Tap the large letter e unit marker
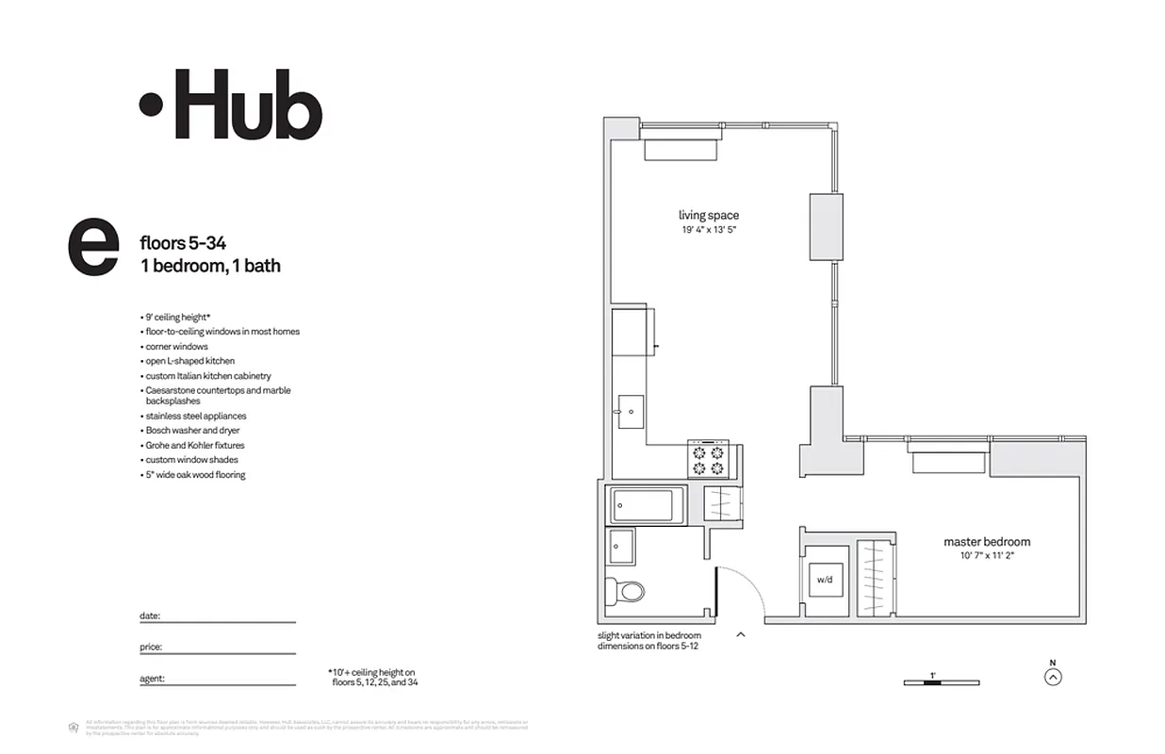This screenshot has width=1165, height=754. tap(93, 248)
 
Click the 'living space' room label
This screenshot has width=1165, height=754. tap(709, 216)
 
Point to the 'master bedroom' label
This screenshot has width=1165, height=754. tap(987, 542)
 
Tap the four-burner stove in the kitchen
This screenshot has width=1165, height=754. tap(708, 459)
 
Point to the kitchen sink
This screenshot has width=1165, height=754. tap(629, 412)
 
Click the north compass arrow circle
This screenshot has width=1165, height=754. tap(1053, 676)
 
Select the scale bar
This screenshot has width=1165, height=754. tap(941, 682)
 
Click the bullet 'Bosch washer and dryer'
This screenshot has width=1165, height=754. tap(192, 431)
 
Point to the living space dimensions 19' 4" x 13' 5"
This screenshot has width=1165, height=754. tap(709, 230)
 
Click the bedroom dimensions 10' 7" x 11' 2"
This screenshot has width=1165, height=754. tap(987, 556)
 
